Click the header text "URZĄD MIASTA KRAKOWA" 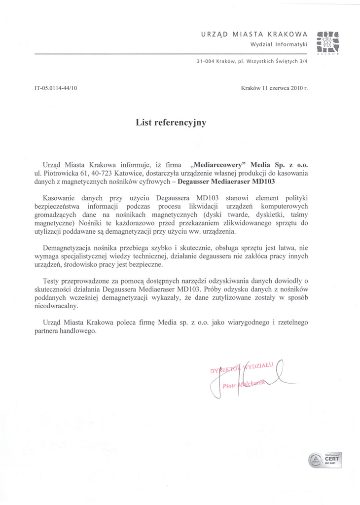[254, 35]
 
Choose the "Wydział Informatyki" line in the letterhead [279, 44]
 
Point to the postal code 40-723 [102, 174]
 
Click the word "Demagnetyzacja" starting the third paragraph [67, 247]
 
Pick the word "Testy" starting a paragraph [52, 281]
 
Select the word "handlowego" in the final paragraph [79, 331]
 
